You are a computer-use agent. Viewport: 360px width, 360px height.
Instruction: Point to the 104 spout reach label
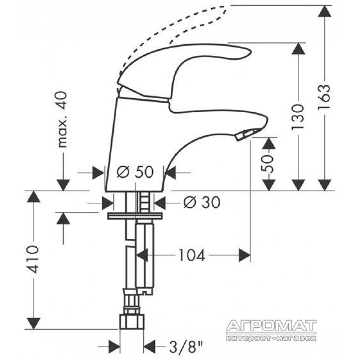click(192, 255)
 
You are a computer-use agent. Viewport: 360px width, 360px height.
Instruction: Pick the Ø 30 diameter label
click(202, 202)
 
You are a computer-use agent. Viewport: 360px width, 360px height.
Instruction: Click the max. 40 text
click(62, 120)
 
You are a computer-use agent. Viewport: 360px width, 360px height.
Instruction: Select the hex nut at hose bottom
click(131, 322)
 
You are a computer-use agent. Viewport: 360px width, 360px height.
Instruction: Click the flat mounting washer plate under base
click(135, 216)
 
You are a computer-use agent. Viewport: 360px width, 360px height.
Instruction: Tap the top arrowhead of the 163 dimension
click(324, 11)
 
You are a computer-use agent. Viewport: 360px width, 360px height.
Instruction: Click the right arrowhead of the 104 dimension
click(244, 255)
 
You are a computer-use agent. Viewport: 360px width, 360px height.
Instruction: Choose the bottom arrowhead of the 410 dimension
click(33, 324)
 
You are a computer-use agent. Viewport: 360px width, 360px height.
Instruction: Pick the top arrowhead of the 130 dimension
click(298, 49)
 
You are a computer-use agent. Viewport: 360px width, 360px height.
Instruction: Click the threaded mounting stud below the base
click(144, 202)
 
